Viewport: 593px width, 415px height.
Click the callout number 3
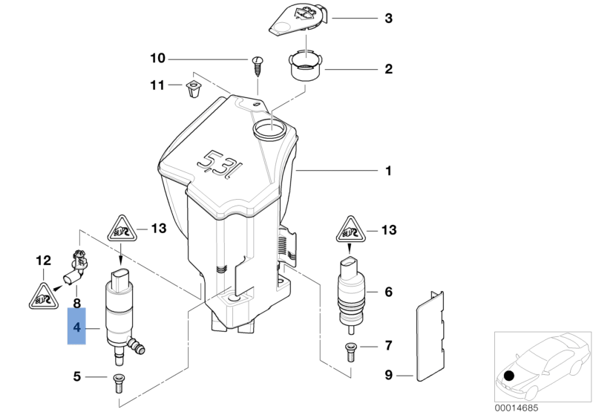[x=387, y=17]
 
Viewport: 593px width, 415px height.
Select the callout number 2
[x=387, y=71]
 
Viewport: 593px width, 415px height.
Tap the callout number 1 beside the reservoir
[x=387, y=171]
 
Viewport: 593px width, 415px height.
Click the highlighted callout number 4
[x=76, y=327]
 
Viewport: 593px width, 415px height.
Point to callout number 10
[x=158, y=58]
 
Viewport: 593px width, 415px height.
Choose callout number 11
[x=157, y=85]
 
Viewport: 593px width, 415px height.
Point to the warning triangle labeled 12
[x=40, y=298]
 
